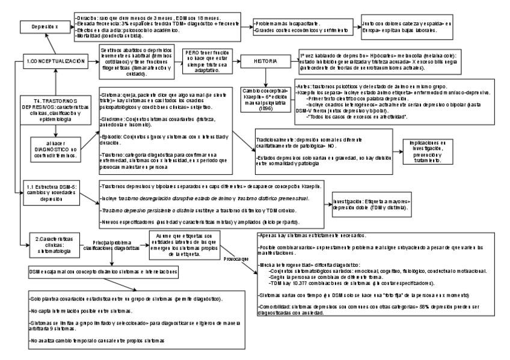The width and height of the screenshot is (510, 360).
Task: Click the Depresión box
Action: pyautogui.click(x=38, y=26)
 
